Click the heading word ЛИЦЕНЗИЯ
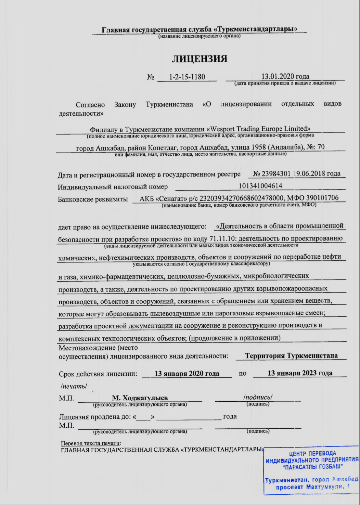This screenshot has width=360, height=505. click(200, 59)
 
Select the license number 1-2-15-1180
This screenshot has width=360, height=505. click(187, 77)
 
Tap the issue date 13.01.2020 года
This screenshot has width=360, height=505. click(285, 76)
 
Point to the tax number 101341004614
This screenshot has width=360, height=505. click(260, 186)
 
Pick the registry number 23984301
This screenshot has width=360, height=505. click(276, 173)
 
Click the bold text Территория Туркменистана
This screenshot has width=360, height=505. click(291, 355)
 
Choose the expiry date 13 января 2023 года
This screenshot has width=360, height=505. click(300, 373)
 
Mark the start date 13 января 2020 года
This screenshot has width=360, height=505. click(187, 373)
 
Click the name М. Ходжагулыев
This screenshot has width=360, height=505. click(140, 398)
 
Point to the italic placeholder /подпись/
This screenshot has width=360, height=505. click(258, 397)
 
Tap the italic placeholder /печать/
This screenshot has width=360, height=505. click(74, 386)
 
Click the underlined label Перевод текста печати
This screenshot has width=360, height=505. click(91, 443)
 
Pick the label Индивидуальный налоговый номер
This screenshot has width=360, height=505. click(113, 187)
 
